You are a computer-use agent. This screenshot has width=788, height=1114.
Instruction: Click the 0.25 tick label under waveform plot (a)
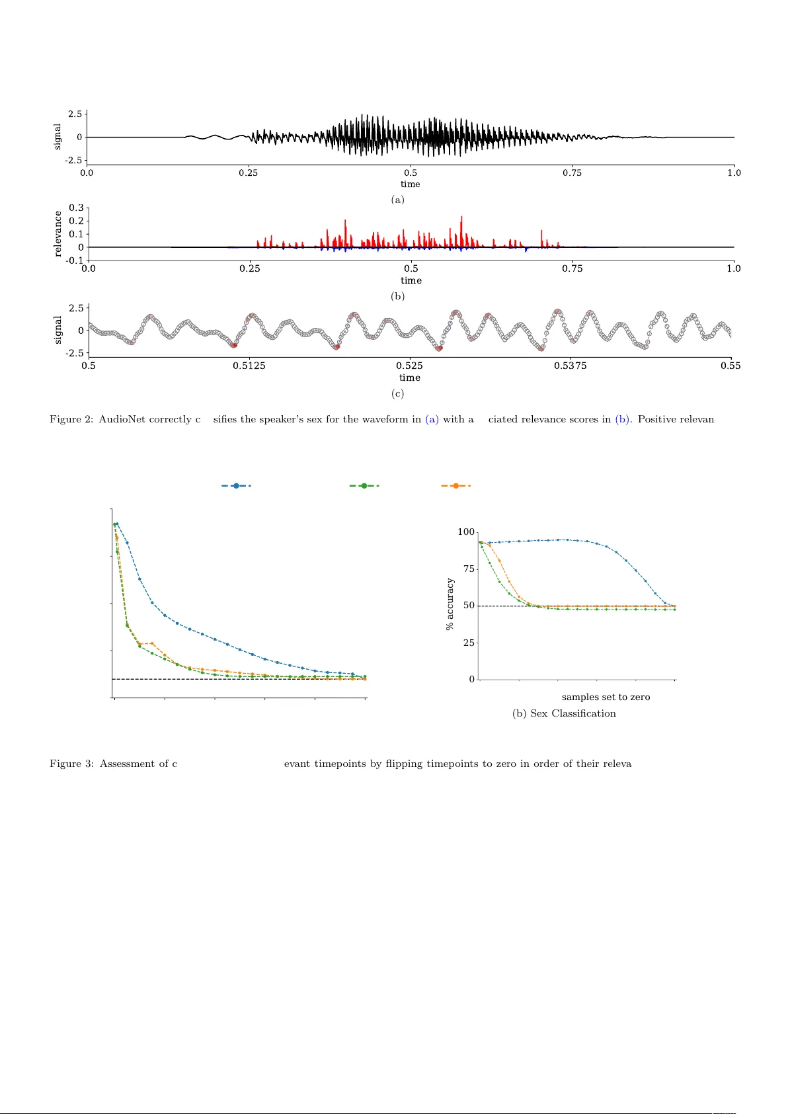(x=248, y=173)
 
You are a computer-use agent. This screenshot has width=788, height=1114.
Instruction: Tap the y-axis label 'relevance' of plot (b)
(x=58, y=233)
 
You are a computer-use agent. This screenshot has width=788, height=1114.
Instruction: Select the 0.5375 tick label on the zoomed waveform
(x=570, y=366)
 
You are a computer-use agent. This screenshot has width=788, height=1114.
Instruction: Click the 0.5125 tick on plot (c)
(x=249, y=366)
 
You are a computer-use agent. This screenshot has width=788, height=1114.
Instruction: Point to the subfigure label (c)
(x=397, y=393)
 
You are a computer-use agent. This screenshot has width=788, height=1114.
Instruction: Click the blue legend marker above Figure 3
(x=236, y=486)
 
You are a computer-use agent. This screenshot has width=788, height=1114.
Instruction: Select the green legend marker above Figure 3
(x=364, y=486)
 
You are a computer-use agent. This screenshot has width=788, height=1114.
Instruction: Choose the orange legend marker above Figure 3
(x=455, y=486)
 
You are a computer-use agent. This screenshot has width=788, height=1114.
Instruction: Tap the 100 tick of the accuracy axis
(x=466, y=532)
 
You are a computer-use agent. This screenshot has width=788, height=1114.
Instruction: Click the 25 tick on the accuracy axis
(x=469, y=643)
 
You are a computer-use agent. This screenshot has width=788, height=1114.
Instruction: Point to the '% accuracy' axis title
(x=450, y=604)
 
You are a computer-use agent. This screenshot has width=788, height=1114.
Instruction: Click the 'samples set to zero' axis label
(x=606, y=697)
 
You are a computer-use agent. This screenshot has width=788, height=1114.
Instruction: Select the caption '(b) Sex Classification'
(x=564, y=713)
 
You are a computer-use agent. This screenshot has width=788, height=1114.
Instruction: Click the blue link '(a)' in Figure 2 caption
(x=432, y=419)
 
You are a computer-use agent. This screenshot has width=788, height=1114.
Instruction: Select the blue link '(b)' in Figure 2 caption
(x=622, y=419)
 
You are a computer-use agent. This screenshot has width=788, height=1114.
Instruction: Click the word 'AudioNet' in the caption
(x=122, y=419)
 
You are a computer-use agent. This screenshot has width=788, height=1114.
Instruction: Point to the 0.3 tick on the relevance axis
(x=77, y=208)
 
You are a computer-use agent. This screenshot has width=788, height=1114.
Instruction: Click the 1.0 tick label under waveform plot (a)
(x=734, y=173)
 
